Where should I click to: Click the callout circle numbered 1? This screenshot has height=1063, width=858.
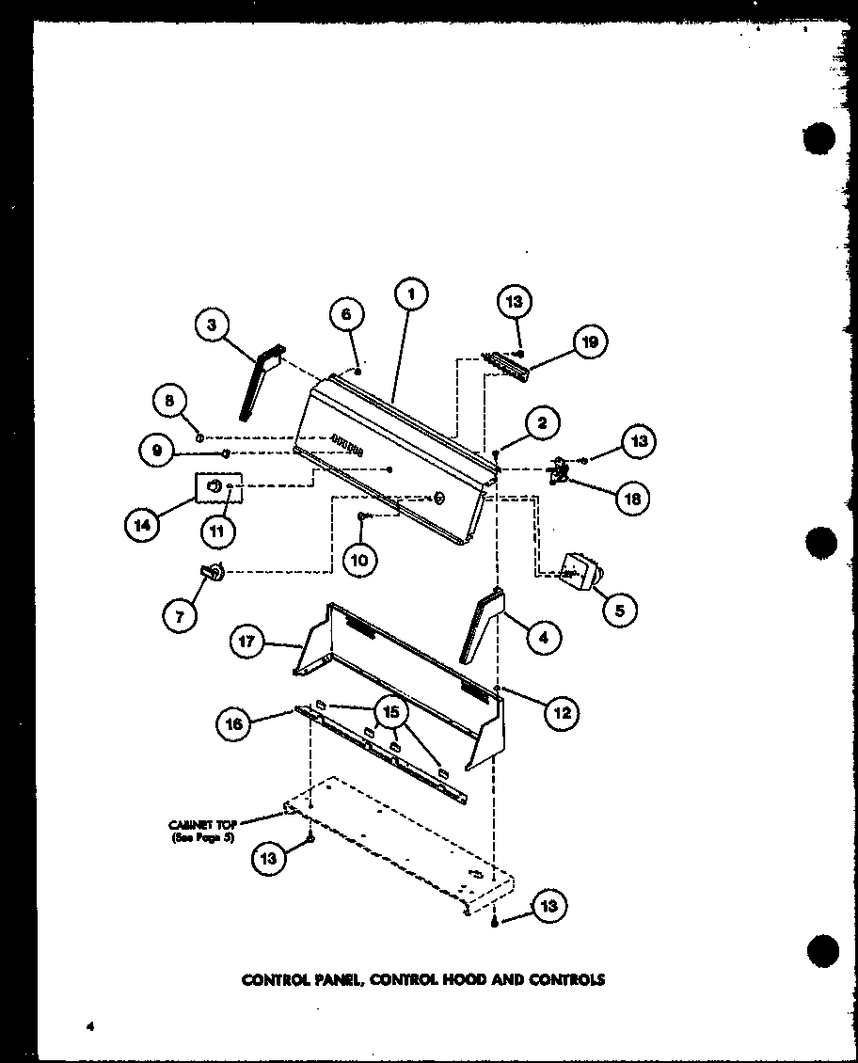click(410, 294)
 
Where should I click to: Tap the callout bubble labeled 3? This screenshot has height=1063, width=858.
click(213, 325)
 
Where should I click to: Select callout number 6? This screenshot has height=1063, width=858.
click(347, 315)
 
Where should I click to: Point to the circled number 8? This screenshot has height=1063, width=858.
click(170, 400)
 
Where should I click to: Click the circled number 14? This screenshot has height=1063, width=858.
click(143, 526)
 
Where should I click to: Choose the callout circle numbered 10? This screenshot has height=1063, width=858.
click(359, 561)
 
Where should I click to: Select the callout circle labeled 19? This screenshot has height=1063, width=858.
click(590, 341)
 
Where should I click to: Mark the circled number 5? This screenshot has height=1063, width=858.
click(619, 611)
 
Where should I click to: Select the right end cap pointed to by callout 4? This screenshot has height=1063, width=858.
click(482, 627)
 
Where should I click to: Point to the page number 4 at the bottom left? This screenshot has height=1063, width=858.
click(90, 1026)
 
